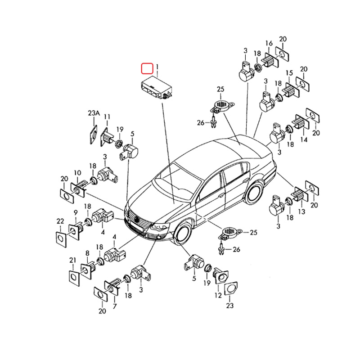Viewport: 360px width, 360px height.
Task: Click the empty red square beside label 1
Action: [147, 68]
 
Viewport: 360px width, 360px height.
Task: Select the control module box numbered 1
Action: [156, 88]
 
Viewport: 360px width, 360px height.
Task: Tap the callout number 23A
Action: [94, 113]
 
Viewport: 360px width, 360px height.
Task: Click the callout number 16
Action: [269, 43]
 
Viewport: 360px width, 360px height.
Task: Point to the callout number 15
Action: [289, 73]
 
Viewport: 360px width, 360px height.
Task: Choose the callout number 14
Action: [304, 139]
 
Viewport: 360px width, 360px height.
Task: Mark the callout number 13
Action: [301, 211]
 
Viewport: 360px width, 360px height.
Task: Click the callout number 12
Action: [218, 295]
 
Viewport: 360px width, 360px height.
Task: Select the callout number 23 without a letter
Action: [230, 306]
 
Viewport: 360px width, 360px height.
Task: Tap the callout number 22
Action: [60, 221]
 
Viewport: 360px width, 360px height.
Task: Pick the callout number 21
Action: [72, 260]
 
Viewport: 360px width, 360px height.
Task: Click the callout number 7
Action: [115, 306]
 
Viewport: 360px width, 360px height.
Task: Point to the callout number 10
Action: [77, 173]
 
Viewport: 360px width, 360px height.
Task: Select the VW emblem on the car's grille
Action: [137, 220]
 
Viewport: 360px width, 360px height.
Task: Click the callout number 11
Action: [107, 117]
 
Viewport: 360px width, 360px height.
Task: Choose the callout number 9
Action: [76, 212]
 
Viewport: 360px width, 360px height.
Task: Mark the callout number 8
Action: [87, 253]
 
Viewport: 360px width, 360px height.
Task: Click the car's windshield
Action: [177, 181]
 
